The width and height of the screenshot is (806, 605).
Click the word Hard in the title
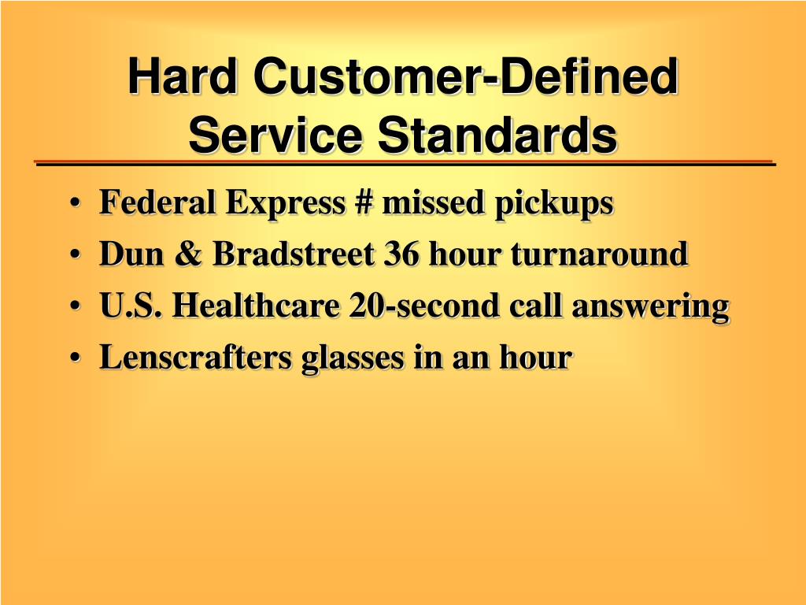click(183, 76)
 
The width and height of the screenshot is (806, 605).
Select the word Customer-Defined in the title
click(466, 76)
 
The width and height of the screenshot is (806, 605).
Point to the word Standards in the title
click(497, 135)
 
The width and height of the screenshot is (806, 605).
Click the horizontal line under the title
click(405, 163)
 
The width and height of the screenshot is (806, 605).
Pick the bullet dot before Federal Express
click(75, 203)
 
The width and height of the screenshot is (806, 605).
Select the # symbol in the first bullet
click(363, 202)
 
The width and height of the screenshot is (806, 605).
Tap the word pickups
click(554, 204)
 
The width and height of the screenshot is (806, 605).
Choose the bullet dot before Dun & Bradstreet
click(75, 254)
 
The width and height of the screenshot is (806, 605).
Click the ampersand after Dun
click(187, 254)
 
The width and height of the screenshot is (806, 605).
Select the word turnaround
click(599, 254)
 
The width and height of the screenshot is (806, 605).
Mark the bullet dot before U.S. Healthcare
click(75, 306)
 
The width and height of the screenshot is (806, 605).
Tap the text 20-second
click(424, 305)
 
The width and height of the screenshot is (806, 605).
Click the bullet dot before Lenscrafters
click(75, 358)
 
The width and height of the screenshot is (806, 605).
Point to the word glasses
click(353, 359)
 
